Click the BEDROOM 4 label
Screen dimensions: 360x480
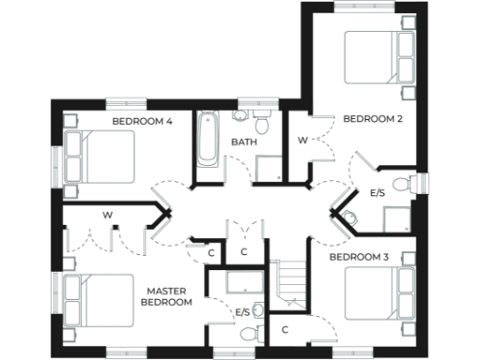pyautogui.click(x=142, y=121)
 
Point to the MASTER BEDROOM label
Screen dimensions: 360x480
pyautogui.click(x=167, y=297)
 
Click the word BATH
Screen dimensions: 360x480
pyautogui.click(x=244, y=142)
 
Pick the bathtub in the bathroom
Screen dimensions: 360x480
pyautogui.click(x=206, y=142)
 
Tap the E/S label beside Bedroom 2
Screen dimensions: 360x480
pyautogui.click(x=379, y=193)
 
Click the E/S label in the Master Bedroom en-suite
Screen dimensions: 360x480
pyautogui.click(x=243, y=311)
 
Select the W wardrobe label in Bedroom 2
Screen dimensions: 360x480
pyautogui.click(x=303, y=141)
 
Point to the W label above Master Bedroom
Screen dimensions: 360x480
pyautogui.click(x=108, y=216)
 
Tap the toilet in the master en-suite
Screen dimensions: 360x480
pyautogui.click(x=248, y=331)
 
